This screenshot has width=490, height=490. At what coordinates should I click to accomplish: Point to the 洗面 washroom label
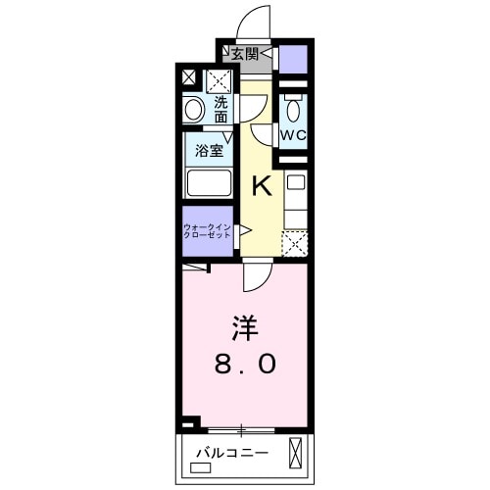point(221,109)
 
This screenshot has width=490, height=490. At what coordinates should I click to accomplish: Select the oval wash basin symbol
point(194,110)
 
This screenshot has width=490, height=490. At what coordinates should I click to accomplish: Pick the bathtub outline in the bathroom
point(208,183)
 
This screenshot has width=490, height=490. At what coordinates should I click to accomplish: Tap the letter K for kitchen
point(262,183)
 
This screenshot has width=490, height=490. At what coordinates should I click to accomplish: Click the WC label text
point(295,133)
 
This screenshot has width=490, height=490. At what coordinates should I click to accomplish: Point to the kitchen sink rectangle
point(296,183)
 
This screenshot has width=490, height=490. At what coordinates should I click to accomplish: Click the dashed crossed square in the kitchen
point(295,243)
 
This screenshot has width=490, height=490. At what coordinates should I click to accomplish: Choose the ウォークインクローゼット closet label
point(207,233)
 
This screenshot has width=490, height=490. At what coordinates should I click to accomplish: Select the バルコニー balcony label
point(225,452)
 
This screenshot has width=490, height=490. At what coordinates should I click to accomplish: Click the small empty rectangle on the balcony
point(201,468)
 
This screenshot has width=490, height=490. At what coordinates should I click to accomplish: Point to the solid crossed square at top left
point(188,76)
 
